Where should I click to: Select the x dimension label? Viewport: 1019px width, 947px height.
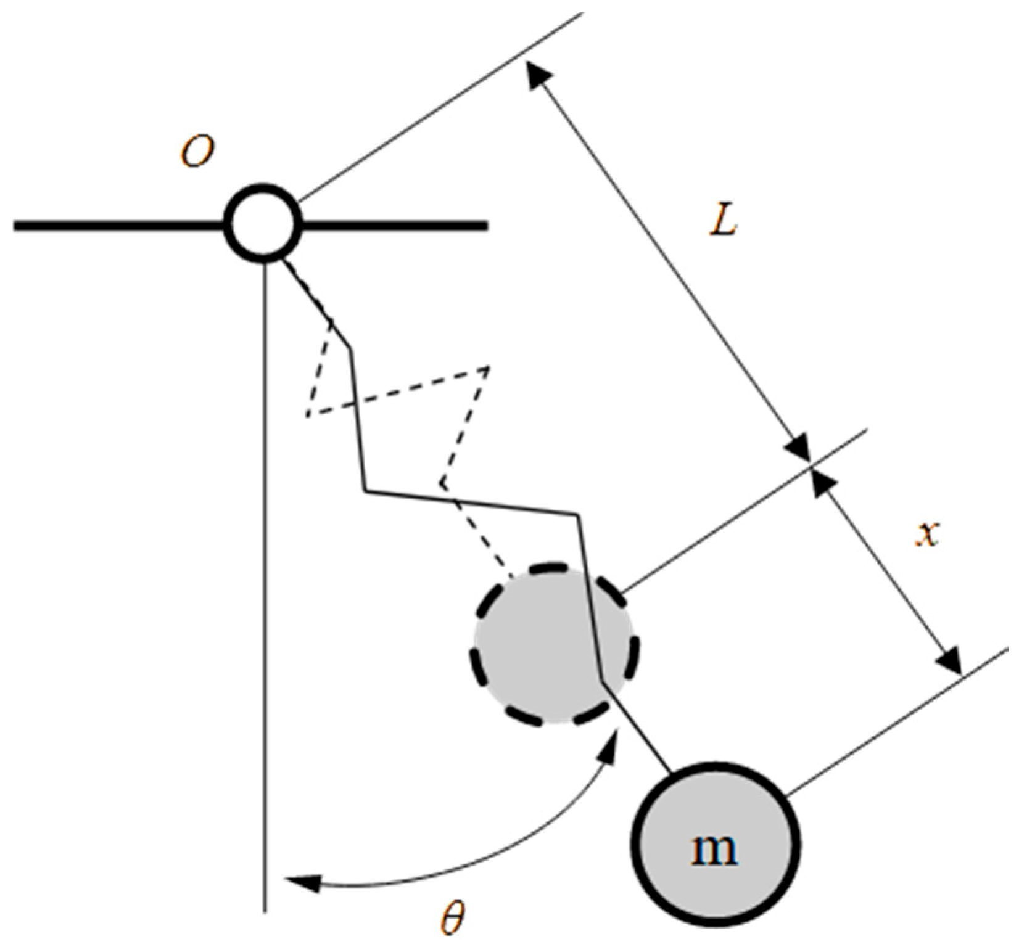tap(926, 533)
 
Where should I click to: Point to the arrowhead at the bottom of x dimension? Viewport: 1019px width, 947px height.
tap(950, 663)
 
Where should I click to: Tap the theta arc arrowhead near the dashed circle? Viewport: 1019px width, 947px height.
tap(612, 745)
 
